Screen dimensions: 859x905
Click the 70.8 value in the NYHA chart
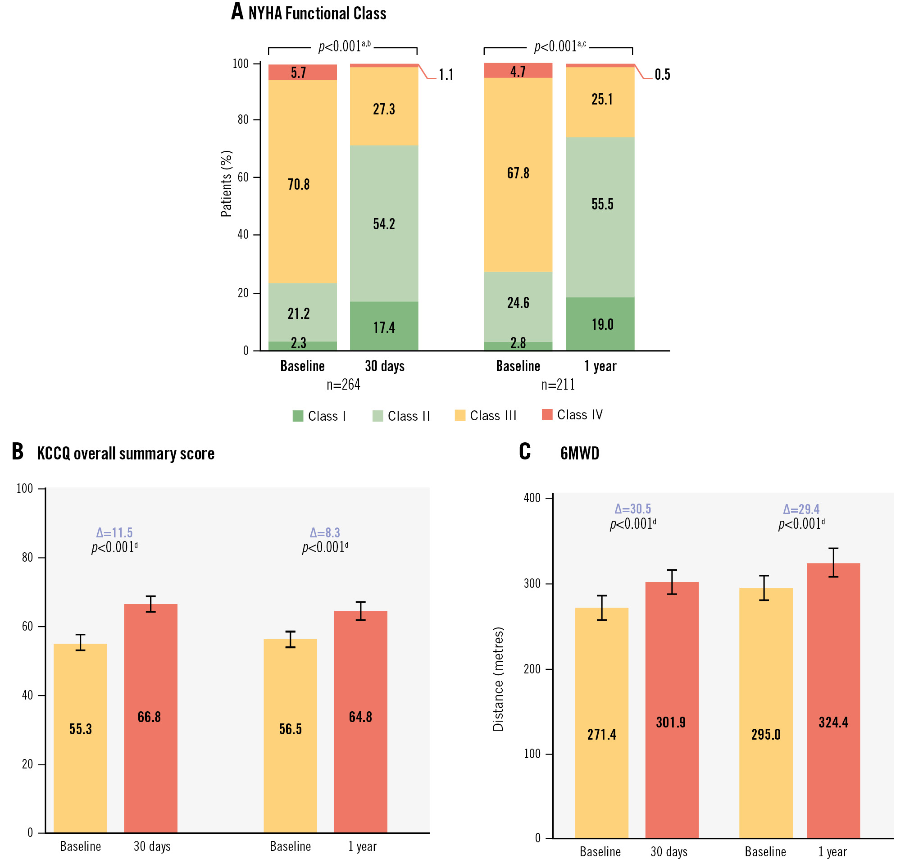coord(299,185)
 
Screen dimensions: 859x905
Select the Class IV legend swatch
coord(547,415)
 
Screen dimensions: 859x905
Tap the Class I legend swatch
coord(298,416)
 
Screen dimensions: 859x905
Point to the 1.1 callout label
coord(446,75)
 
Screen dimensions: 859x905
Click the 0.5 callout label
coord(662,75)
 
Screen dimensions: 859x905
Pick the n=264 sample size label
coord(343,385)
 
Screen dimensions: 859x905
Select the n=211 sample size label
coord(558,385)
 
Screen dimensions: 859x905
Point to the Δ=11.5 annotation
coord(114,532)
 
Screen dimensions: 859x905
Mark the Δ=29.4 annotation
coord(801,509)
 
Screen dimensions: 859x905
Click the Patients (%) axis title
coord(226,184)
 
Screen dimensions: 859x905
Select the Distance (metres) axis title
coord(498,679)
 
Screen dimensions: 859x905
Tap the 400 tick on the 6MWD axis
coord(532,498)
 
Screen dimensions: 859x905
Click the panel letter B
coord(18,451)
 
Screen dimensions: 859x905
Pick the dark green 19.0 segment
coord(600,324)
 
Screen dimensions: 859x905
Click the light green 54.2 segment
coord(384,223)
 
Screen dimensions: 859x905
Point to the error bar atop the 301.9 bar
coord(672,582)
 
